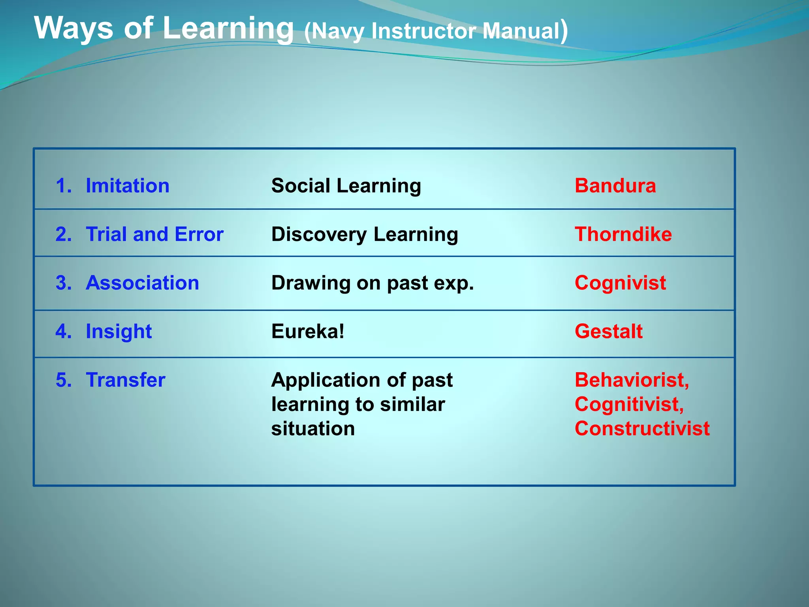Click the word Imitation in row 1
coord(127,186)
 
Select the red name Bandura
coord(615,186)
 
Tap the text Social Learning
coord(346,186)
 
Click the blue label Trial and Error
coord(154,234)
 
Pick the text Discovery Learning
coord(365,234)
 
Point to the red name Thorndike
coord(623,234)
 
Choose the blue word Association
coord(142,283)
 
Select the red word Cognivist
coord(620,283)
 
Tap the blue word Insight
coord(119,332)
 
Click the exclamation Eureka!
coord(308,332)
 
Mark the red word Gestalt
coord(608,332)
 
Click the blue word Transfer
coord(125,380)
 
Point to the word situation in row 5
coord(313,429)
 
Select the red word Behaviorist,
coord(632,380)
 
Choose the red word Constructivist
coord(642,429)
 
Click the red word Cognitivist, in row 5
coord(629,405)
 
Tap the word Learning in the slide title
coord(228,28)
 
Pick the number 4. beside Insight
coord(64,332)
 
